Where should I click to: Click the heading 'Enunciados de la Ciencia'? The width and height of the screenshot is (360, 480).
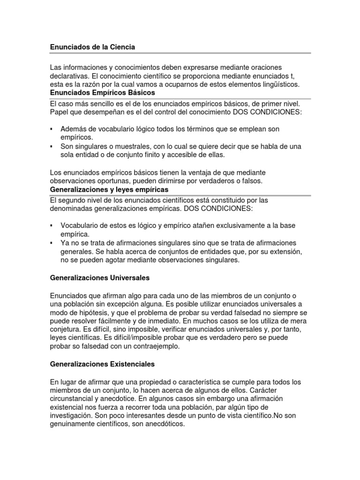pos(92,47)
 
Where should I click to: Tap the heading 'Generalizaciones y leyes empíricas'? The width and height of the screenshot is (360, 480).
pos(109,189)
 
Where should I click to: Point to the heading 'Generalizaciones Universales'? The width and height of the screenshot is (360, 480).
pos(99,278)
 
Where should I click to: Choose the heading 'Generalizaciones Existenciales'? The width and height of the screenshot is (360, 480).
pos(102,363)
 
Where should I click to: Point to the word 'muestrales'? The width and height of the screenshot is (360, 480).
pos(120,147)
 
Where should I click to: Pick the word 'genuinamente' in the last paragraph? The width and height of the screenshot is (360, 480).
pos(73,424)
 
